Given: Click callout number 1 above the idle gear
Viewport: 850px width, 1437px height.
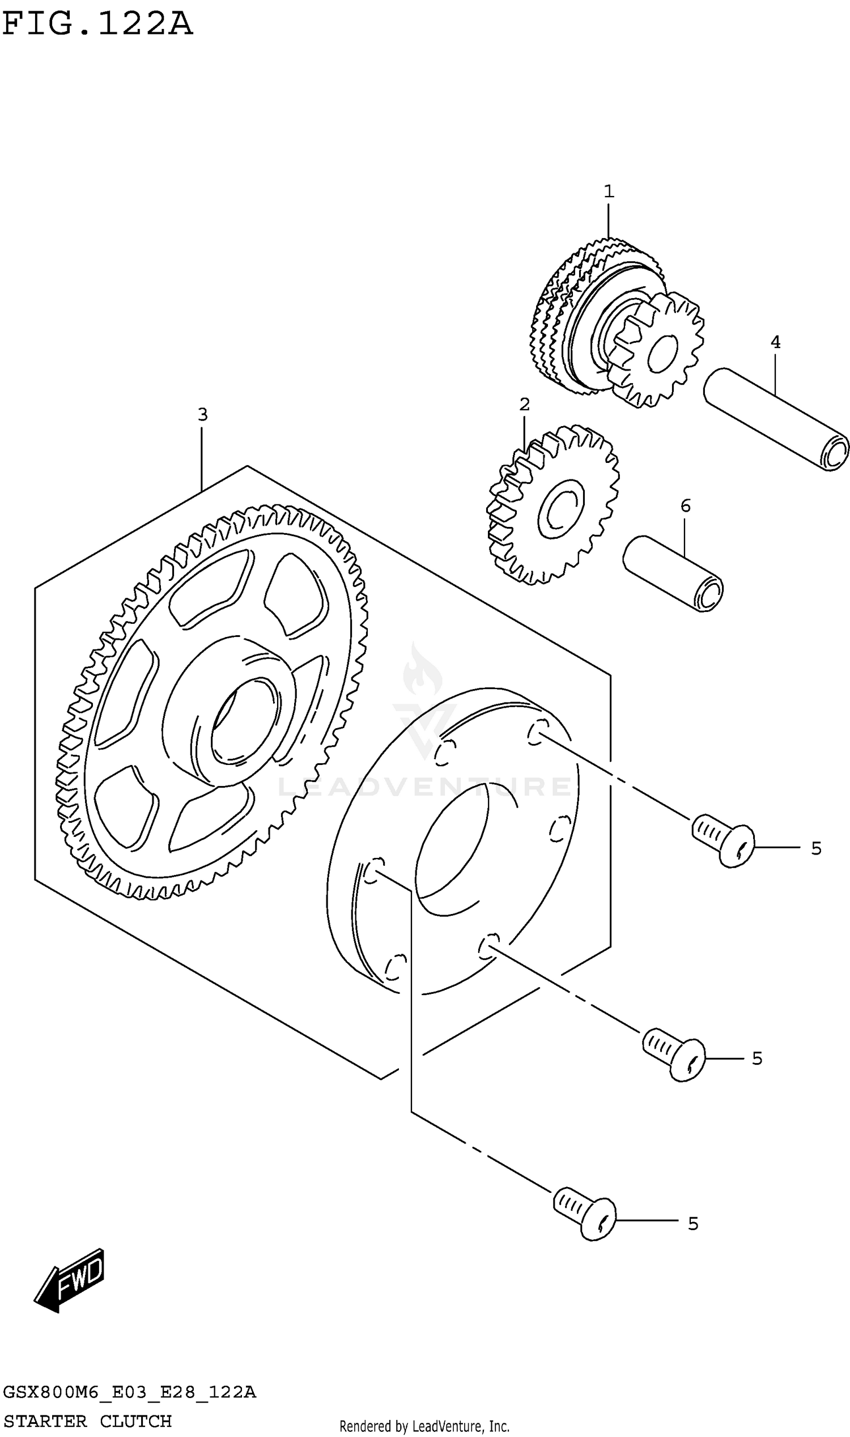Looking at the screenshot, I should [x=609, y=192].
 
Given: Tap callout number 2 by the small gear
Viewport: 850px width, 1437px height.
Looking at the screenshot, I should [x=525, y=405].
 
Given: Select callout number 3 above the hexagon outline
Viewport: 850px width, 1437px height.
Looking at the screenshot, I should [x=202, y=414].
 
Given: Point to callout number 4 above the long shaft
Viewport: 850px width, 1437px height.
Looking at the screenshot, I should [x=775, y=342].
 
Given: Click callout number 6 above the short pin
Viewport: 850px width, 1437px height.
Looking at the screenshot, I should [x=686, y=506].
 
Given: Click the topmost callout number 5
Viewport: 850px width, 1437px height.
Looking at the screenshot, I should [x=816, y=848].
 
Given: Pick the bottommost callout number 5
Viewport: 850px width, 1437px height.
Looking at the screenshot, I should [x=693, y=1224].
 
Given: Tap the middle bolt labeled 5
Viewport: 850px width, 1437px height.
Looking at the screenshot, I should [x=674, y=1055].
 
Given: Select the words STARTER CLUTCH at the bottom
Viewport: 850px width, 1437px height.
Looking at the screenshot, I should [x=88, y=1421].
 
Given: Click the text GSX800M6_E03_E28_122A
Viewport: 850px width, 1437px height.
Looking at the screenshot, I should [x=129, y=1392].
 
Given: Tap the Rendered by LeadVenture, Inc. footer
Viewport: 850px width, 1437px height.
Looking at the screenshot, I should [x=424, y=1426].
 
